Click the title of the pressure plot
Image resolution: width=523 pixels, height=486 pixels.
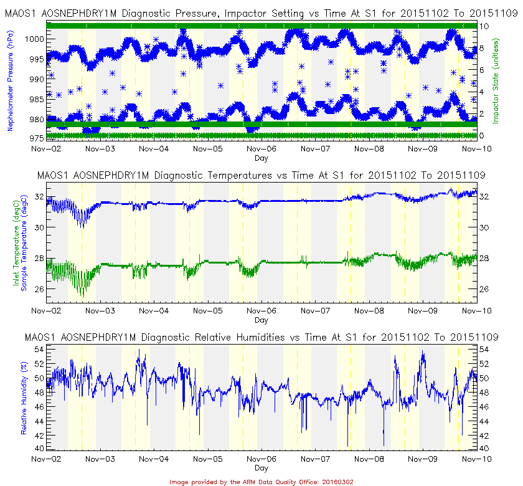click(x=261, y=13)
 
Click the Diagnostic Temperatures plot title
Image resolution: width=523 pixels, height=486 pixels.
click(x=261, y=175)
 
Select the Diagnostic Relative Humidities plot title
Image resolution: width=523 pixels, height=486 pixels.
click(x=261, y=337)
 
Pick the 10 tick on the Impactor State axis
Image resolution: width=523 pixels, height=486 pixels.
click(x=483, y=26)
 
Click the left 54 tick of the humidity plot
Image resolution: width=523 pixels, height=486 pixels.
click(x=40, y=348)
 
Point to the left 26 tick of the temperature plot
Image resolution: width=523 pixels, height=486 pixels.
click(x=40, y=288)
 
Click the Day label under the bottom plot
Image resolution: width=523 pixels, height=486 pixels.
click(x=261, y=468)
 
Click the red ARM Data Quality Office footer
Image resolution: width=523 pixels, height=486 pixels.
click(x=261, y=482)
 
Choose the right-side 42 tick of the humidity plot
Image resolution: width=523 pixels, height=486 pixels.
click(x=484, y=434)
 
